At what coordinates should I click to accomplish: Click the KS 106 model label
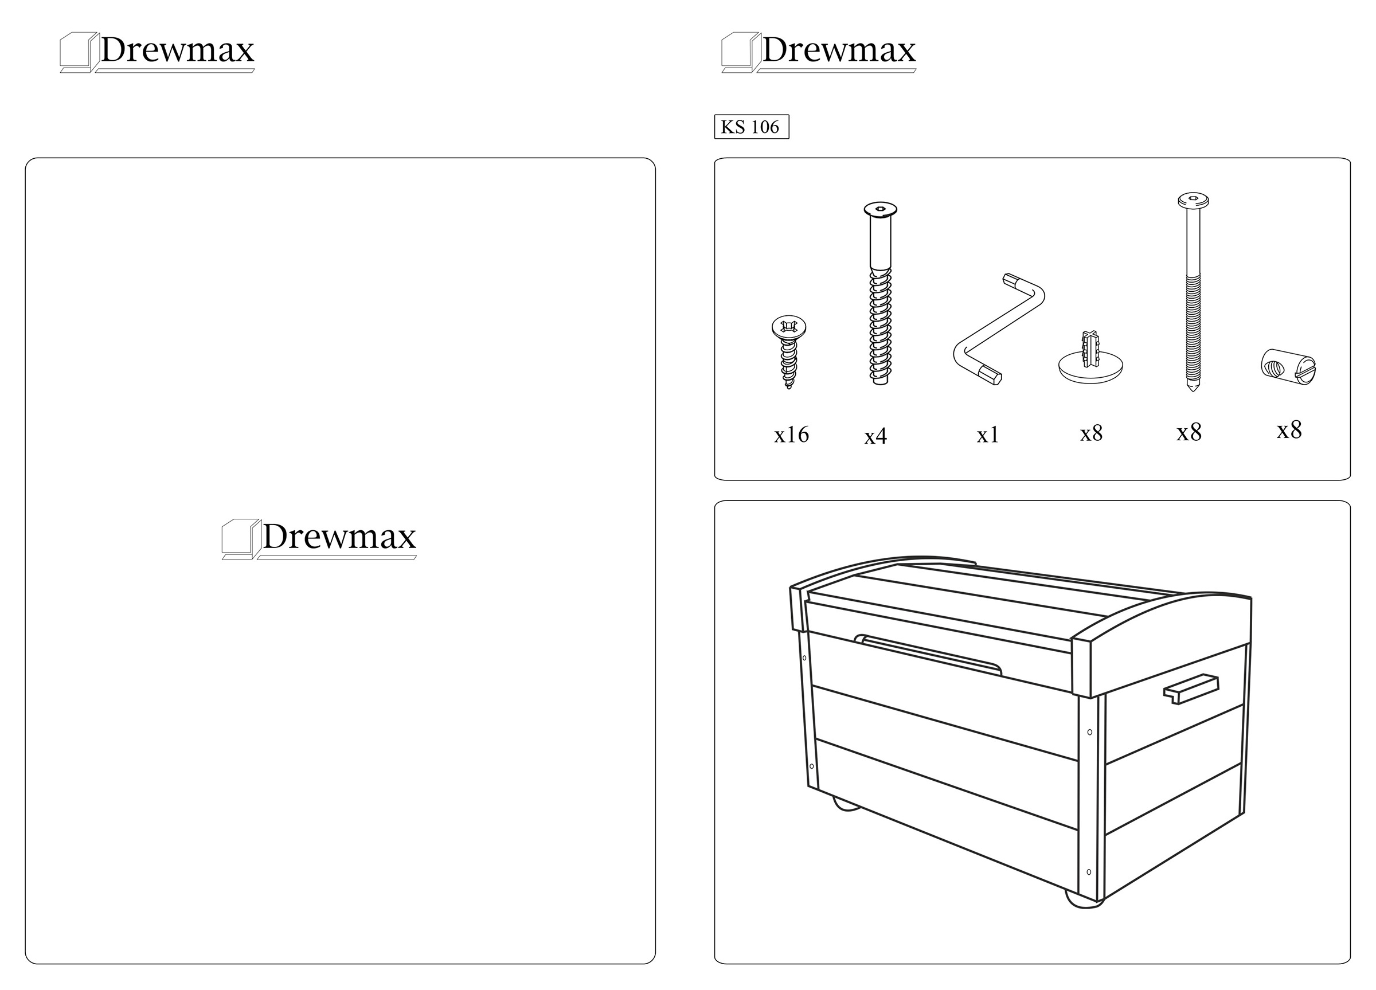(x=751, y=127)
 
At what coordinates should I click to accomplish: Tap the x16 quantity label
(x=791, y=435)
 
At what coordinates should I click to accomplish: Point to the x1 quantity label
(x=988, y=435)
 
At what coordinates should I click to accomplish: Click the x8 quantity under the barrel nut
(x=1289, y=430)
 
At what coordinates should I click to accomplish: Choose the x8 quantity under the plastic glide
(x=1092, y=434)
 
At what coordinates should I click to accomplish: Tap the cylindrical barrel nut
(x=1288, y=366)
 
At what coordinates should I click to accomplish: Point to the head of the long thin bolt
(x=1193, y=199)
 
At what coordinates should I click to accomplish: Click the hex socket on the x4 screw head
(x=880, y=209)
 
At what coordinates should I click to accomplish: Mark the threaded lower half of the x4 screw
(x=880, y=325)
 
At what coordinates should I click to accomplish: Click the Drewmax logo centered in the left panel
(x=319, y=538)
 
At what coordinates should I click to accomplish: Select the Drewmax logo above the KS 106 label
(x=819, y=52)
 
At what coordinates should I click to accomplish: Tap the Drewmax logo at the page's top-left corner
(x=157, y=52)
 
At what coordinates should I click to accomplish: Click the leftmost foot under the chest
(x=846, y=804)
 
